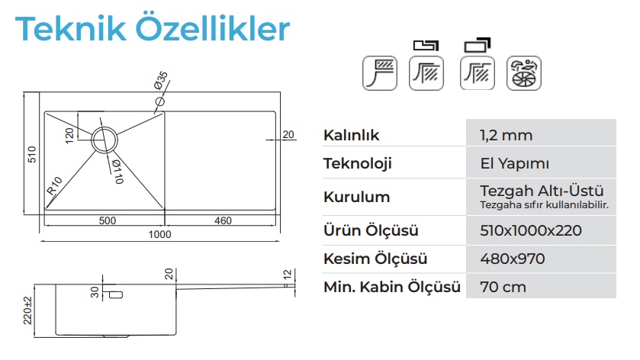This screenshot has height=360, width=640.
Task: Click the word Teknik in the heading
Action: pyautogui.click(x=71, y=28)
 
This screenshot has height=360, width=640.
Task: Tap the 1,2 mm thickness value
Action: pyautogui.click(x=506, y=135)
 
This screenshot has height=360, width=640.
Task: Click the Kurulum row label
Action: pyautogui.click(x=357, y=197)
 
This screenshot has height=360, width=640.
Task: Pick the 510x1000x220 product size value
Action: pyautogui.click(x=531, y=230)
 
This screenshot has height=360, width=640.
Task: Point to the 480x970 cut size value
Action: pyautogui.click(x=513, y=259)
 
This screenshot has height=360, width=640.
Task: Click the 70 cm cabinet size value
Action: pyautogui.click(x=503, y=287)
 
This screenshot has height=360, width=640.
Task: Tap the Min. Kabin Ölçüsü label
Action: pyautogui.click(x=392, y=287)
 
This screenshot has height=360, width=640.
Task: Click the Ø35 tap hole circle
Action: pyautogui.click(x=159, y=101)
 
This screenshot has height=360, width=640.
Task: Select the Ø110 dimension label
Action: pyautogui.click(x=118, y=172)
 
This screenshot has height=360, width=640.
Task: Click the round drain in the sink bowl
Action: pyautogui.click(x=105, y=140)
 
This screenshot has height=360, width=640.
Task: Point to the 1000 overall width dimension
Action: pyautogui.click(x=159, y=234)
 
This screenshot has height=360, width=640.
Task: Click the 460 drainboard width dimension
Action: pyautogui.click(x=223, y=221)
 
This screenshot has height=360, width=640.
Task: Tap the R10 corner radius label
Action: pyautogui.click(x=54, y=185)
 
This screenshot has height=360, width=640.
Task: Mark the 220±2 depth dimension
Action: pyautogui.click(x=27, y=310)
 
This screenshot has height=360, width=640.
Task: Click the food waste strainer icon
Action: pyautogui.click(x=524, y=73)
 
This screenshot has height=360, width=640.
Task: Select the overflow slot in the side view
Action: pyautogui.click(x=116, y=294)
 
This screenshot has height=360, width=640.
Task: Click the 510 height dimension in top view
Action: pyautogui.click(x=32, y=154)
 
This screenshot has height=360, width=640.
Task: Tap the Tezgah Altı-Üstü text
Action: pyautogui.click(x=542, y=191)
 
